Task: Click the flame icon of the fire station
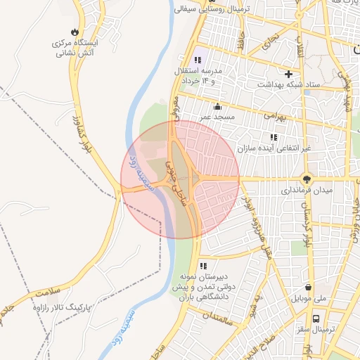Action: click(x=75, y=32)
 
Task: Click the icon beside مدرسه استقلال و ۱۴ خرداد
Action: click(x=198, y=60)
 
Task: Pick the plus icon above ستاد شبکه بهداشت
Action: click(x=288, y=74)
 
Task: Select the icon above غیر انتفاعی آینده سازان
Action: click(x=273, y=137)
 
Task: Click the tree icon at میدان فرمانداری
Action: click(x=307, y=179)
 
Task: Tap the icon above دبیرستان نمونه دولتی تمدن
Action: click(x=202, y=266)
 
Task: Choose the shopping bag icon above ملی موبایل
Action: click(x=309, y=287)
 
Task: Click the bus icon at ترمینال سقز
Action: click(x=317, y=317)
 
